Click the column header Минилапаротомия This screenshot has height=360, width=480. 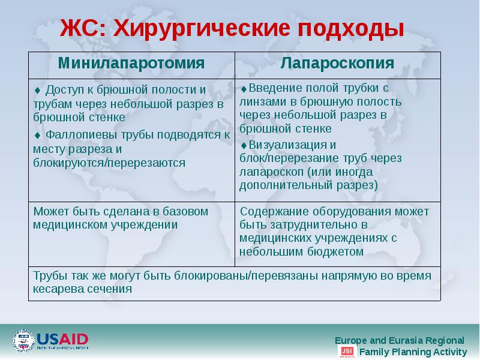pos(131,64)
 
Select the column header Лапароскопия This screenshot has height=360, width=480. pos(338,64)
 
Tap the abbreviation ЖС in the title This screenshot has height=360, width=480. pos(82,28)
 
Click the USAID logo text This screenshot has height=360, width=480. pos(62,338)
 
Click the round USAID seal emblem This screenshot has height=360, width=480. pos(23,340)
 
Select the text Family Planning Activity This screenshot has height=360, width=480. pos(413,352)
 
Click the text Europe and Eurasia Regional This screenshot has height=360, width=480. pos(399,340)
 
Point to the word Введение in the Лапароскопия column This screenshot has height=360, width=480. pos(271,89)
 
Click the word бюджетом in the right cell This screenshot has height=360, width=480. pos(333,251)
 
